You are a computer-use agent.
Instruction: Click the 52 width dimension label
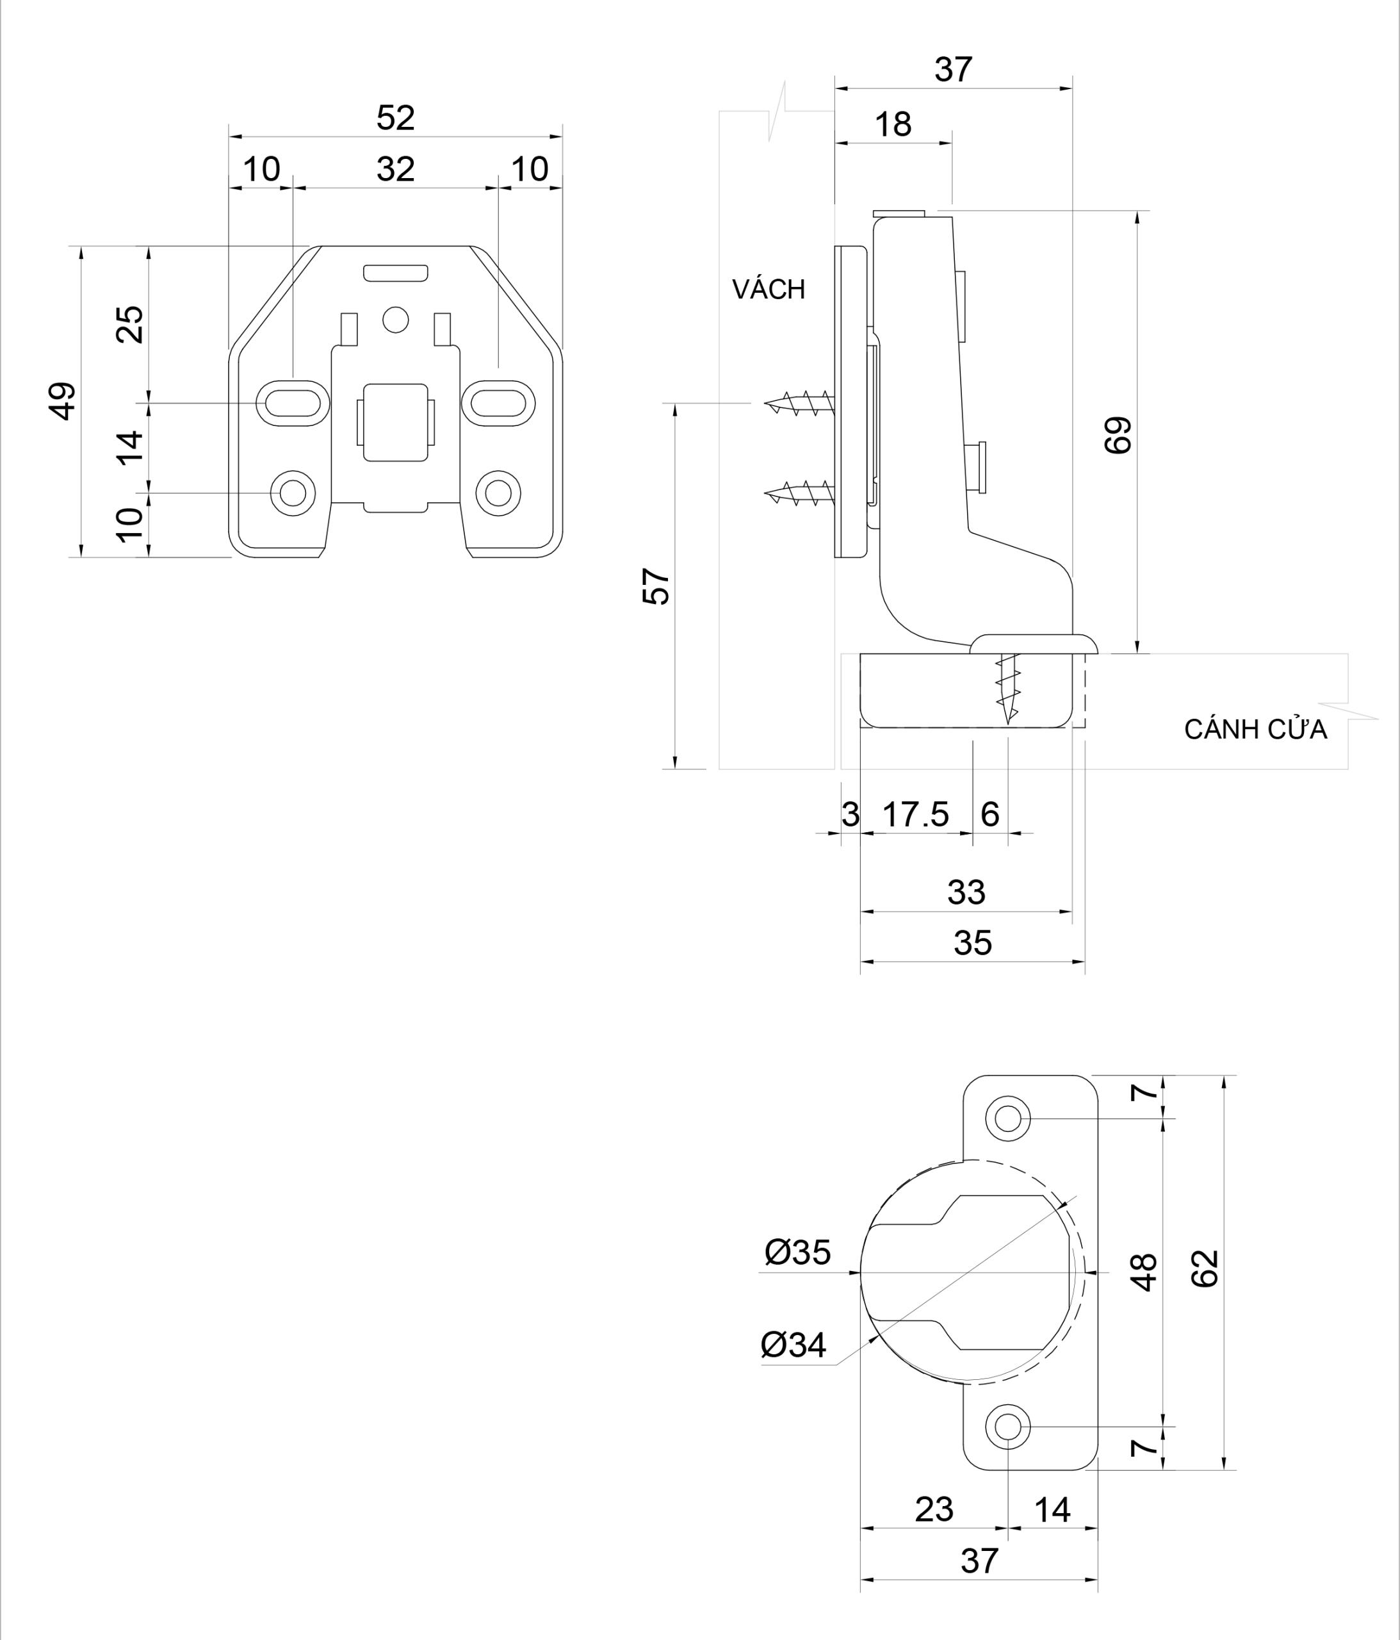point(395,119)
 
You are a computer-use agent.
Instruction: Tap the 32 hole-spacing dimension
point(395,169)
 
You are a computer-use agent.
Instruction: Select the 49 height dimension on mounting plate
point(63,400)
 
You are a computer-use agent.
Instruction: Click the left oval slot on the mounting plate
point(293,403)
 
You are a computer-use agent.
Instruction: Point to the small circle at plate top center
point(395,320)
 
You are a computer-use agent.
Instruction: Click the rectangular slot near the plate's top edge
point(396,273)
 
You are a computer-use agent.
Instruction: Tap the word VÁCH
point(769,290)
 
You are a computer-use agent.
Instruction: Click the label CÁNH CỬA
point(1255,730)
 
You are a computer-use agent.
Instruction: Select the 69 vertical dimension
point(1118,434)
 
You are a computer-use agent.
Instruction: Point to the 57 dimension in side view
point(656,586)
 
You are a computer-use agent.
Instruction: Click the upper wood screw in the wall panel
point(799,403)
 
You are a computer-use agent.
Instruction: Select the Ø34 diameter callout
point(793,1345)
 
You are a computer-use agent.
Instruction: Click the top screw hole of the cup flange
point(1007,1119)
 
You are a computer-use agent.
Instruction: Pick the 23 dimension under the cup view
point(934,1510)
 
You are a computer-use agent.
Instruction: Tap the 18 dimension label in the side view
point(893,125)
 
